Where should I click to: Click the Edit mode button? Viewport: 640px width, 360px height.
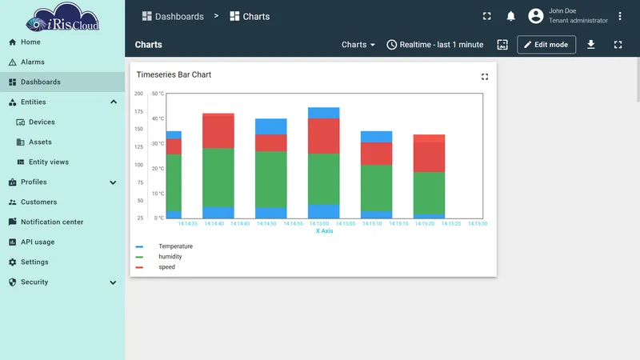[x=546, y=45]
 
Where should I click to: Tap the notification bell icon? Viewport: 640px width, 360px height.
[x=510, y=16]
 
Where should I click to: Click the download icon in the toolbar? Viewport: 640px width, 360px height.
[x=590, y=45]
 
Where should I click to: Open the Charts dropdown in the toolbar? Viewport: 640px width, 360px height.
[x=358, y=45]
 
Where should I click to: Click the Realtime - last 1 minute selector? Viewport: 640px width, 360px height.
[x=435, y=45]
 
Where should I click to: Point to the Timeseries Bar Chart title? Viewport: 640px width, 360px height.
[x=174, y=74]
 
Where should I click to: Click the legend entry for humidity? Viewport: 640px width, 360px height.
[x=170, y=257]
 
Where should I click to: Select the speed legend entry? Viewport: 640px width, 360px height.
[x=166, y=267]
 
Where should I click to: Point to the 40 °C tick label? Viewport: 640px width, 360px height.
[x=158, y=118]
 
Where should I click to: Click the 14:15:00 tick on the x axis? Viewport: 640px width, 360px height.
[x=318, y=224]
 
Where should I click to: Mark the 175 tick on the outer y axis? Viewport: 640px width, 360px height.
[x=138, y=111]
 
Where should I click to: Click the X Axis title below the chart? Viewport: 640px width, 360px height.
[x=325, y=231]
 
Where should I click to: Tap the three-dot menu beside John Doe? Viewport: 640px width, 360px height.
[x=619, y=16]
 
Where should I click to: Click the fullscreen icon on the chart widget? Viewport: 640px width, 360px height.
[x=485, y=77]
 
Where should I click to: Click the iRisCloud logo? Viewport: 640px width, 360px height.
[x=62, y=17]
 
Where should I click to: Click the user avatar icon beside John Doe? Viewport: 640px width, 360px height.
[x=535, y=16]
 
